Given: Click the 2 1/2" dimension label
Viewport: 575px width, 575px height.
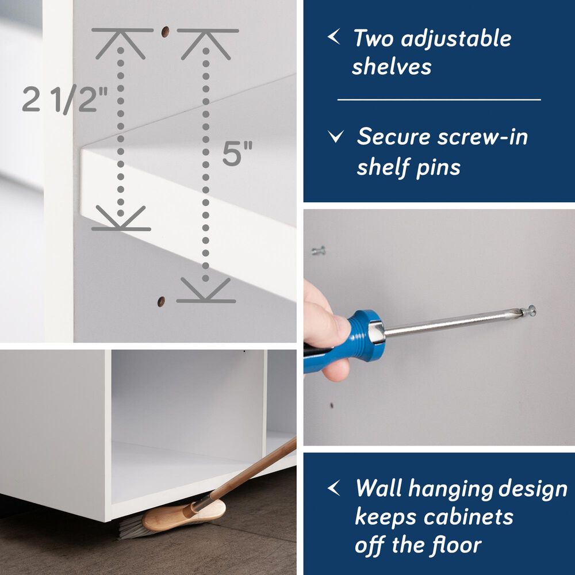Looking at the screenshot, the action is coord(65,99).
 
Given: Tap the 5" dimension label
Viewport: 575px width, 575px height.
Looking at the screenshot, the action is coord(237,154).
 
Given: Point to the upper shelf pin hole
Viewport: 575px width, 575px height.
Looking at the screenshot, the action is coord(165,32).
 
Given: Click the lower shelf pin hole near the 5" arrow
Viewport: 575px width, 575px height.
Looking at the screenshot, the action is coord(161,301).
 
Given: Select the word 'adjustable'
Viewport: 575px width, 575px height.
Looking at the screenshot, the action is coord(456,39).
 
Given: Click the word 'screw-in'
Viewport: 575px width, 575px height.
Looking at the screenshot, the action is coord(482,136).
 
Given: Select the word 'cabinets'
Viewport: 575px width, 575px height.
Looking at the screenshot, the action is coord(468,517).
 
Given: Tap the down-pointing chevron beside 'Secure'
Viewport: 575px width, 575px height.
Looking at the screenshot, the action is coord(336,136).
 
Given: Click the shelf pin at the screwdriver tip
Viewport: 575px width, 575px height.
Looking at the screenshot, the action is coord(528,311).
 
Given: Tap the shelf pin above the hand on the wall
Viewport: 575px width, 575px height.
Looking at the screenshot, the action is coord(319,251).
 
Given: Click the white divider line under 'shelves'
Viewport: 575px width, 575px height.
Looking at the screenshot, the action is coord(439,99).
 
